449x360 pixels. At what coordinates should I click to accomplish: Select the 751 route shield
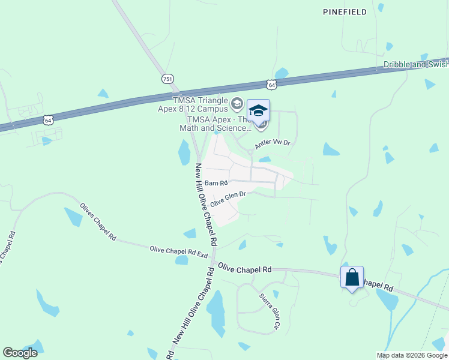pyautogui.click(x=168, y=79)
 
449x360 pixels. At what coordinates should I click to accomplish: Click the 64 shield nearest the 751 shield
pyautogui.click(x=272, y=85)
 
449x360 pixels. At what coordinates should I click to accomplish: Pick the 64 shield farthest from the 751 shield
pyautogui.click(x=48, y=120)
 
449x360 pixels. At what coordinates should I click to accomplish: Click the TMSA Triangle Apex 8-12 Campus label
pyautogui.click(x=200, y=104)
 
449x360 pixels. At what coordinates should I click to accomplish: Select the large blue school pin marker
pyautogui.click(x=258, y=112)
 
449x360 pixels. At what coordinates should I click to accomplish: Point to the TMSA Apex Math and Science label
pyautogui.click(x=214, y=124)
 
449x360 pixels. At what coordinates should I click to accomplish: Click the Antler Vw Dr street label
pyautogui.click(x=273, y=143)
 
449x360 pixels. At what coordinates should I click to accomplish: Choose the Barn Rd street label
pyautogui.click(x=216, y=182)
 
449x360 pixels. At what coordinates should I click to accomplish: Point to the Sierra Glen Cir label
pyautogui.click(x=270, y=311)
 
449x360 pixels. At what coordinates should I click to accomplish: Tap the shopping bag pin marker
pyautogui.click(x=352, y=278)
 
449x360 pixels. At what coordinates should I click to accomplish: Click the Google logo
pyautogui.click(x=20, y=353)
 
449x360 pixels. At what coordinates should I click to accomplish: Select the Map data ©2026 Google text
pyautogui.click(x=412, y=355)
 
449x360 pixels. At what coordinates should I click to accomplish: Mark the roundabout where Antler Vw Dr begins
pyautogui.click(x=250, y=151)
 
